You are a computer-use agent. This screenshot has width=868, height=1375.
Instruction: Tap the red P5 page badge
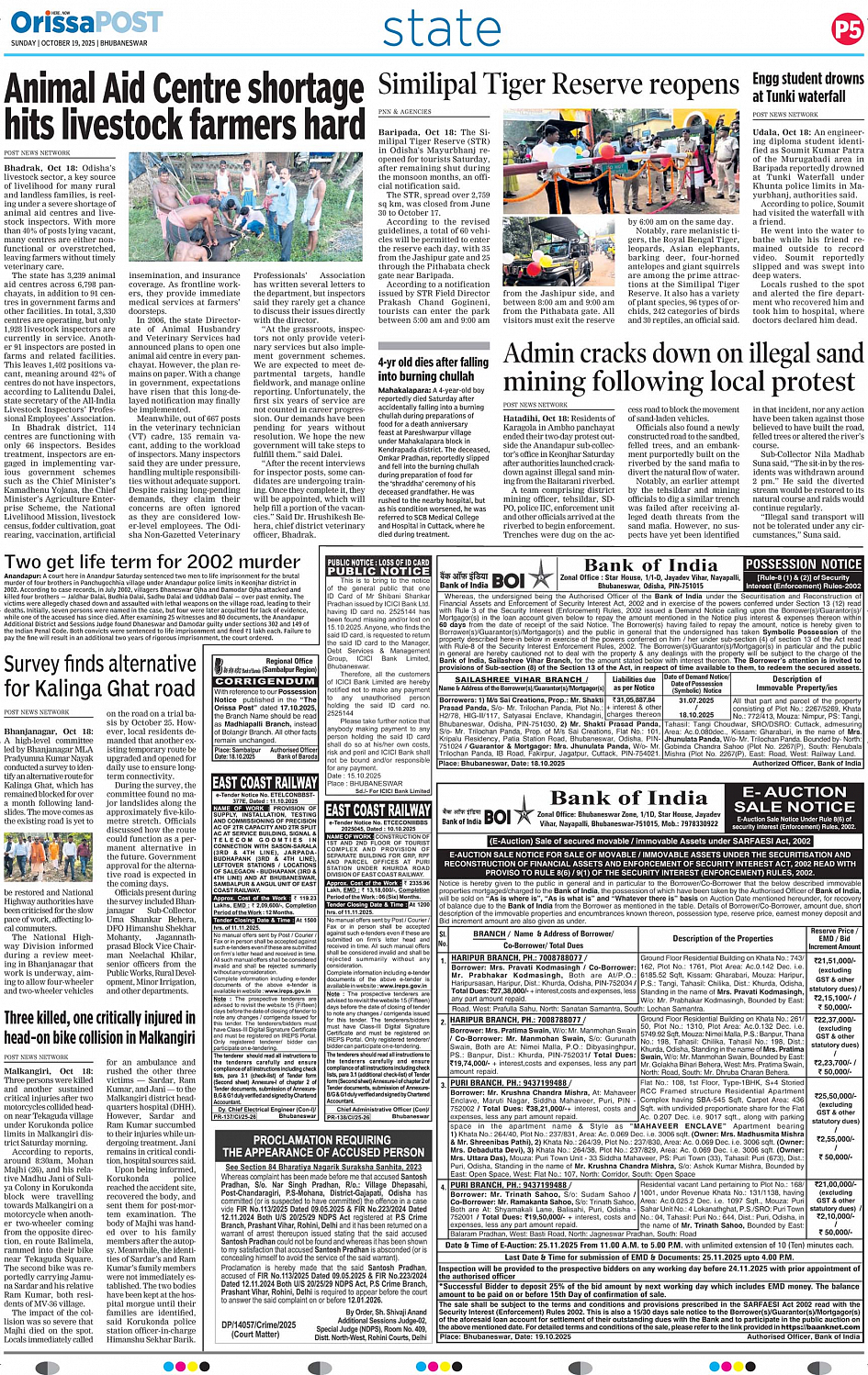(847, 29)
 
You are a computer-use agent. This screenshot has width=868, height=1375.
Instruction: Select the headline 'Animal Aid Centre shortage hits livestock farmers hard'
(185, 106)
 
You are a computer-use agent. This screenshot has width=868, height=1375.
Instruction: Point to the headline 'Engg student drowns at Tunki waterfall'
(807, 87)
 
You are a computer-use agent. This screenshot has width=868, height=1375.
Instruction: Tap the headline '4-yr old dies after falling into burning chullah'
(433, 369)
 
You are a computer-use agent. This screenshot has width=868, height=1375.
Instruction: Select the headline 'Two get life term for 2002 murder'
(152, 562)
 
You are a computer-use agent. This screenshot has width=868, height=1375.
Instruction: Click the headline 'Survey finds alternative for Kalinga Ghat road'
(100, 675)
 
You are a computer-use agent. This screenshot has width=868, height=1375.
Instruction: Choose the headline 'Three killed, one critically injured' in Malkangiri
(99, 1027)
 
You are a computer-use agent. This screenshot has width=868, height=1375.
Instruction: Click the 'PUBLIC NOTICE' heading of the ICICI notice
(378, 566)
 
